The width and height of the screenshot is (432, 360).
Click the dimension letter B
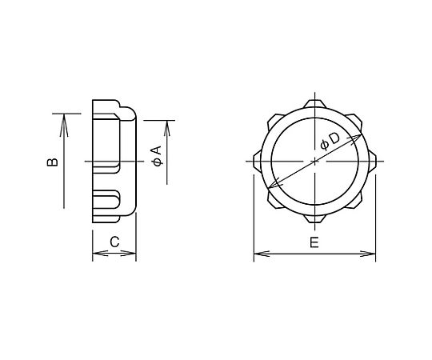pyautogui.click(x=52, y=162)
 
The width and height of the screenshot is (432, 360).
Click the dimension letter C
pyautogui.click(x=114, y=242)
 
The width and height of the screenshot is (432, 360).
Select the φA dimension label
pyautogui.click(x=157, y=156)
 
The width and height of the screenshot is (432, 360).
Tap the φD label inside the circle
pyautogui.click(x=330, y=142)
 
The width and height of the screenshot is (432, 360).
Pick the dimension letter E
pyautogui.click(x=314, y=242)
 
